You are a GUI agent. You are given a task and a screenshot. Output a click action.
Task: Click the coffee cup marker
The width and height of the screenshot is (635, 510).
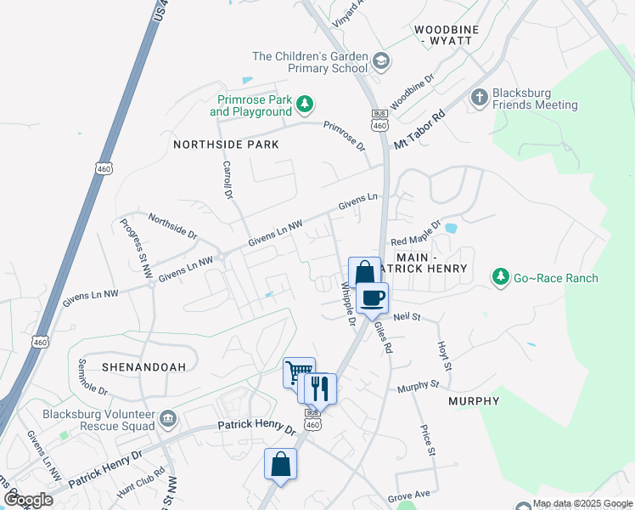tap(372, 298)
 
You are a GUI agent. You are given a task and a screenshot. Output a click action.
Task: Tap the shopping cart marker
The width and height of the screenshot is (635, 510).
tap(298, 372)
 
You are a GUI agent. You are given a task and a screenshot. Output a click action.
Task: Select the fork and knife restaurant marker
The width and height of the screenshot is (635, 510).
tap(320, 388)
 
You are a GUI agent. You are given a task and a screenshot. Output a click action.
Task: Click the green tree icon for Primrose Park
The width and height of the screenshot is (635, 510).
tap(305, 105)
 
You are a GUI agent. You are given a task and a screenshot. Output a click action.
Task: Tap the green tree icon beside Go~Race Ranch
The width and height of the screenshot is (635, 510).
tap(501, 278)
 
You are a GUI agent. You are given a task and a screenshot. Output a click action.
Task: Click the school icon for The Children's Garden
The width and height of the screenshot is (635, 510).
tap(381, 60)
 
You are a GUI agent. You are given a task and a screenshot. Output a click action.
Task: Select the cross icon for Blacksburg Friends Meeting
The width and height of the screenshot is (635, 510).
tap(480, 96)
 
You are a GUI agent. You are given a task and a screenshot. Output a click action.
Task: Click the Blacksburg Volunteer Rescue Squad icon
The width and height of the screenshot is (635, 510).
tap(167, 417)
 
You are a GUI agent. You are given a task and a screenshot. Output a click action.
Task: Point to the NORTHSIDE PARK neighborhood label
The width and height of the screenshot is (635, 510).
tap(226, 144)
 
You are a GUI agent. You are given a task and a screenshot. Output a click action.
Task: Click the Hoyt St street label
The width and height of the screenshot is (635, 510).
tap(442, 351)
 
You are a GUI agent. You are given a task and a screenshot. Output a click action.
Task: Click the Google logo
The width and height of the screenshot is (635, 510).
tap(28, 500)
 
